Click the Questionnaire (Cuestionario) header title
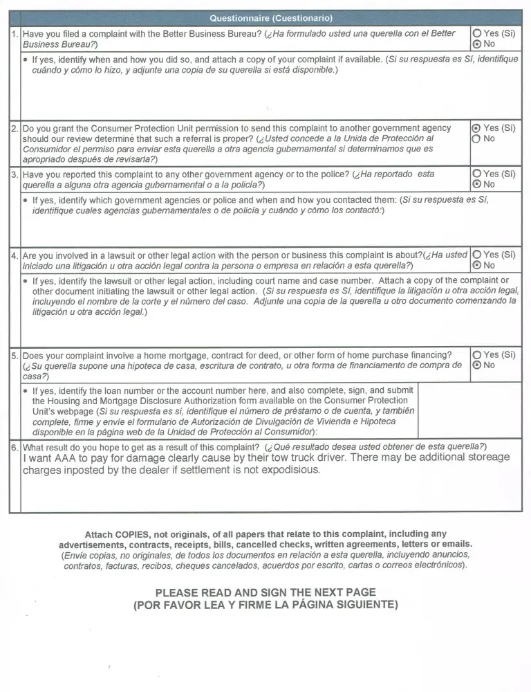271,18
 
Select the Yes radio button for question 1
476,33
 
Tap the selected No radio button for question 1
476,44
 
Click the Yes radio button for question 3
476,174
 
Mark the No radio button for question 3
476,184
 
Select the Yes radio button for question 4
476,255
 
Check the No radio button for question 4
476,265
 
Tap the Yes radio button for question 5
476,355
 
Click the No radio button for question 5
476,365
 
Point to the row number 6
15,447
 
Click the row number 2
15,129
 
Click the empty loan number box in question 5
469,410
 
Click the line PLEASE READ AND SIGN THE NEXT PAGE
265,592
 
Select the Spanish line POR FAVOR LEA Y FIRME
265,605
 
